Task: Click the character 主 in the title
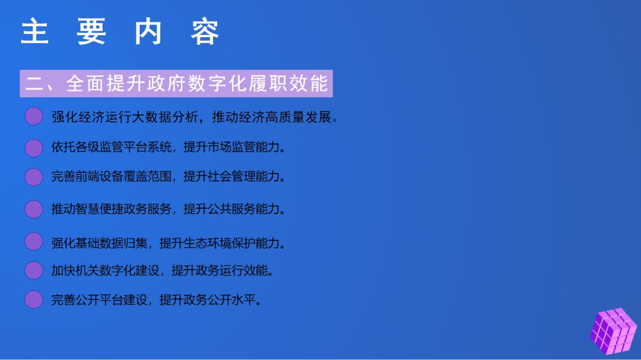click(35, 31)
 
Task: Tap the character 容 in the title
click(205, 31)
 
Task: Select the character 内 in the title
click(149, 31)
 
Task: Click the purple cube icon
click(613, 331)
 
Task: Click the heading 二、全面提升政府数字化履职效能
click(176, 83)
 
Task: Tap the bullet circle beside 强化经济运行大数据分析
click(33, 116)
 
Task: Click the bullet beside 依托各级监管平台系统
click(33, 147)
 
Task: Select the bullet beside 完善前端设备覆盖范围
click(33, 177)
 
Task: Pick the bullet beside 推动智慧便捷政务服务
click(33, 209)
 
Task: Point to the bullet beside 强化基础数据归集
click(33, 241)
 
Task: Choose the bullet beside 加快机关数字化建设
click(33, 270)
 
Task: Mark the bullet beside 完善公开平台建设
click(33, 300)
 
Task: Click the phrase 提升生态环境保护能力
click(219, 243)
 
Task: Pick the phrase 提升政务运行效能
click(219, 270)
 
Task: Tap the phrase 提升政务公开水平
click(207, 300)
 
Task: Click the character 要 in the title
click(92, 31)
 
